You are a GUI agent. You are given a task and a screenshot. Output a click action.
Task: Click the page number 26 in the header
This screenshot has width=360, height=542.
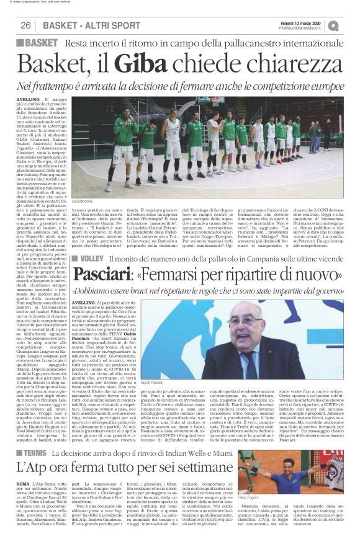point(26,25)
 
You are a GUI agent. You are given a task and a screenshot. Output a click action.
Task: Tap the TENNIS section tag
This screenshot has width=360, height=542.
point(41,453)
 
